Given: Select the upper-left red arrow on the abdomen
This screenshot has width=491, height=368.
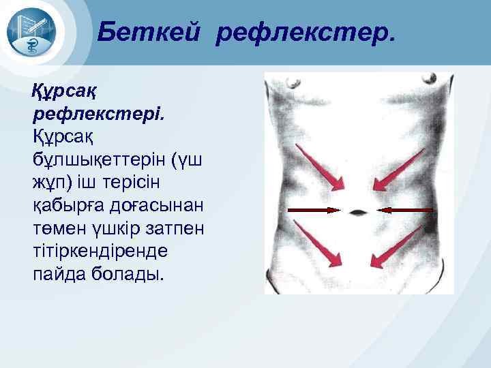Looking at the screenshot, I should click(321, 167).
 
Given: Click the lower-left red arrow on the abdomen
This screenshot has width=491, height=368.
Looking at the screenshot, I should click(319, 246).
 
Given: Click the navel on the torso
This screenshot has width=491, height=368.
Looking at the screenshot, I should click(358, 212).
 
